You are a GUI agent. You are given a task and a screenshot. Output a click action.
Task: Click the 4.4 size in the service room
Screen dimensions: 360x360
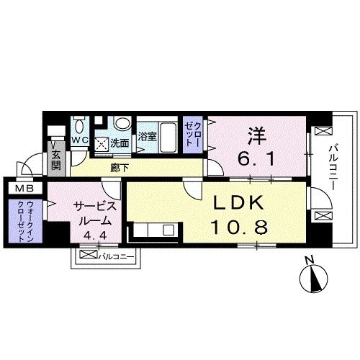pyautogui.click(x=94, y=234)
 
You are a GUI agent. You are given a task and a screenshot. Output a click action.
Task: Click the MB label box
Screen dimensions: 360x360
pyautogui.click(x=15, y=189)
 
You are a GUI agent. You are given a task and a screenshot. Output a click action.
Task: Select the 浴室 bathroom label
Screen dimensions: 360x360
pyautogui.click(x=146, y=135)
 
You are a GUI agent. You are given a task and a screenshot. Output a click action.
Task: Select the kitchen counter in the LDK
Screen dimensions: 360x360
pyautogui.click(x=153, y=231)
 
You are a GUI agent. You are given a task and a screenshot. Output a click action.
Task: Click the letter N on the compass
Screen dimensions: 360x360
pyautogui.click(x=308, y=261)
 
